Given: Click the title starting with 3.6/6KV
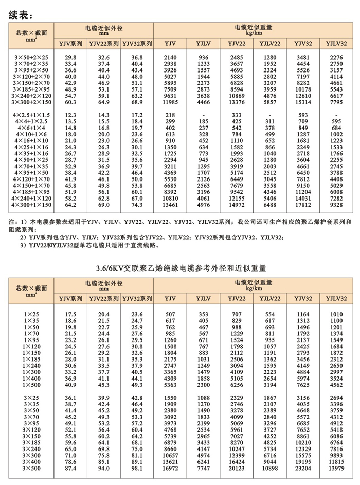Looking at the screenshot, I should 180,267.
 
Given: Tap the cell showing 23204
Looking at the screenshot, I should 303,469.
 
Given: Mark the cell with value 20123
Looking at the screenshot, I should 237,469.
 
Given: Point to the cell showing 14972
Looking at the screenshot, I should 237,204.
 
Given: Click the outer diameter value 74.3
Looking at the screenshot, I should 137,204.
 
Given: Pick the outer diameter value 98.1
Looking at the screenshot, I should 137,469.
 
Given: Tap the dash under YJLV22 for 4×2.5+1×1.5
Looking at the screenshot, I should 270,115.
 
